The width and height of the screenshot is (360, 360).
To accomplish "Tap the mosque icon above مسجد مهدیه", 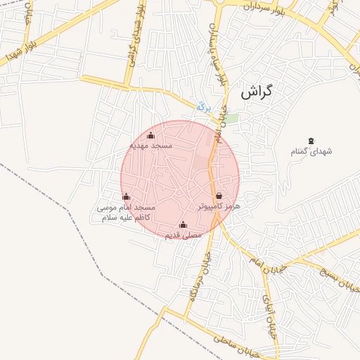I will pos(150,135).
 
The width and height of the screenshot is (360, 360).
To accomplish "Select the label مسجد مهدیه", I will pos(150,146).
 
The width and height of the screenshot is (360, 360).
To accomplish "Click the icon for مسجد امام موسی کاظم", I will pos(126,197).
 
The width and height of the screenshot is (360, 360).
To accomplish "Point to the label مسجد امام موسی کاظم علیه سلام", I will pos(125,214).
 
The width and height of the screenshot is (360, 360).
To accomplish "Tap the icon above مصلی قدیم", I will pos(184,225).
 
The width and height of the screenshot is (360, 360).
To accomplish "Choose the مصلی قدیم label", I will pos(183,236).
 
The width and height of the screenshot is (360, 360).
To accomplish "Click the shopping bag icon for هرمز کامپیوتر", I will pos(219,196).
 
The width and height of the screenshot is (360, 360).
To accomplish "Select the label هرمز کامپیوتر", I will pos(219,207).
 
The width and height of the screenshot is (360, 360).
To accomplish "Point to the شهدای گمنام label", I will pos(311,152).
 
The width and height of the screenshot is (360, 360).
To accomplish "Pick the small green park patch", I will pos(231,118).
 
